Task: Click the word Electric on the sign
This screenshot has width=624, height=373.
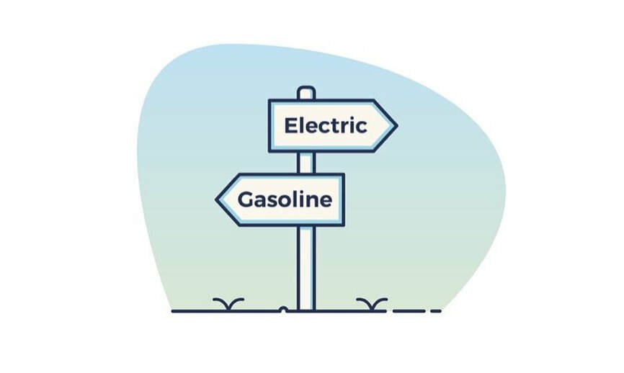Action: [326, 126]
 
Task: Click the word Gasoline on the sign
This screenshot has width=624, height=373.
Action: [285, 199]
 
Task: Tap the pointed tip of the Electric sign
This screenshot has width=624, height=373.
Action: [395, 126]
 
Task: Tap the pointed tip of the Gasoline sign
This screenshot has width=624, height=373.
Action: [218, 199]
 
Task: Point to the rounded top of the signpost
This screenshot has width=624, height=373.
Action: [306, 91]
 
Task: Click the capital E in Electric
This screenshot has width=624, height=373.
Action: [290, 126]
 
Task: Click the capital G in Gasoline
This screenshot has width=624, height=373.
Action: [246, 199]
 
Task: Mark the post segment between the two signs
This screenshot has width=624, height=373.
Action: [306, 162]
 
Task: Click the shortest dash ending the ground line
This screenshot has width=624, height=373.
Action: [436, 311]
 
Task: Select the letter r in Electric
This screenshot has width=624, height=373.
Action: [344, 127]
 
